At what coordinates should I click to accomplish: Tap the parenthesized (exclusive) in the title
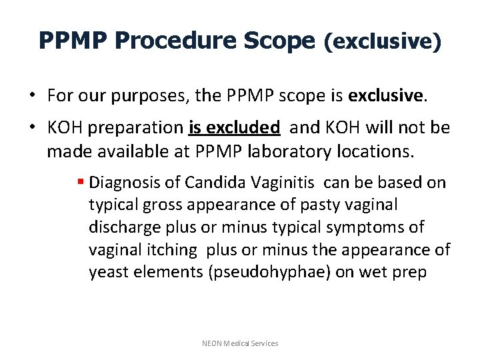[x=382, y=42]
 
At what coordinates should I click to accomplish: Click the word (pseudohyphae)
[x=285, y=273]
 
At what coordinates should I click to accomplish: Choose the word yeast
[x=109, y=273]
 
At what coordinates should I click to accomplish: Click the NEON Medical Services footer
[x=240, y=343]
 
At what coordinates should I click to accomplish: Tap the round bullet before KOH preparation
[x=33, y=127]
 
